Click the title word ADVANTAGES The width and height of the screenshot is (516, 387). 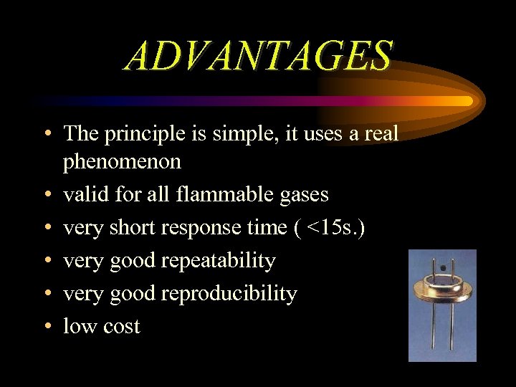259,55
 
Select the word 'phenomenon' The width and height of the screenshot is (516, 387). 122,162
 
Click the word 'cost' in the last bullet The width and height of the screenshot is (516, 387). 122,327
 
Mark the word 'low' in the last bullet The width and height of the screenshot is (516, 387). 79,327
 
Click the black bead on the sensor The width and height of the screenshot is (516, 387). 442,267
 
